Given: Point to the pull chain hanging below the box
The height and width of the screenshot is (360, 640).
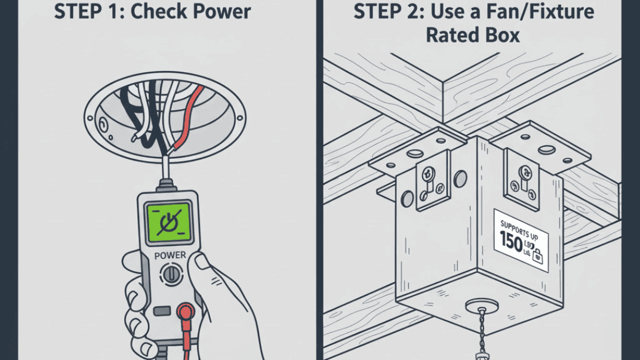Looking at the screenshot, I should click(477, 340).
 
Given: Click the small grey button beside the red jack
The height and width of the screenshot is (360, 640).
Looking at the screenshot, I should click(161, 311).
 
